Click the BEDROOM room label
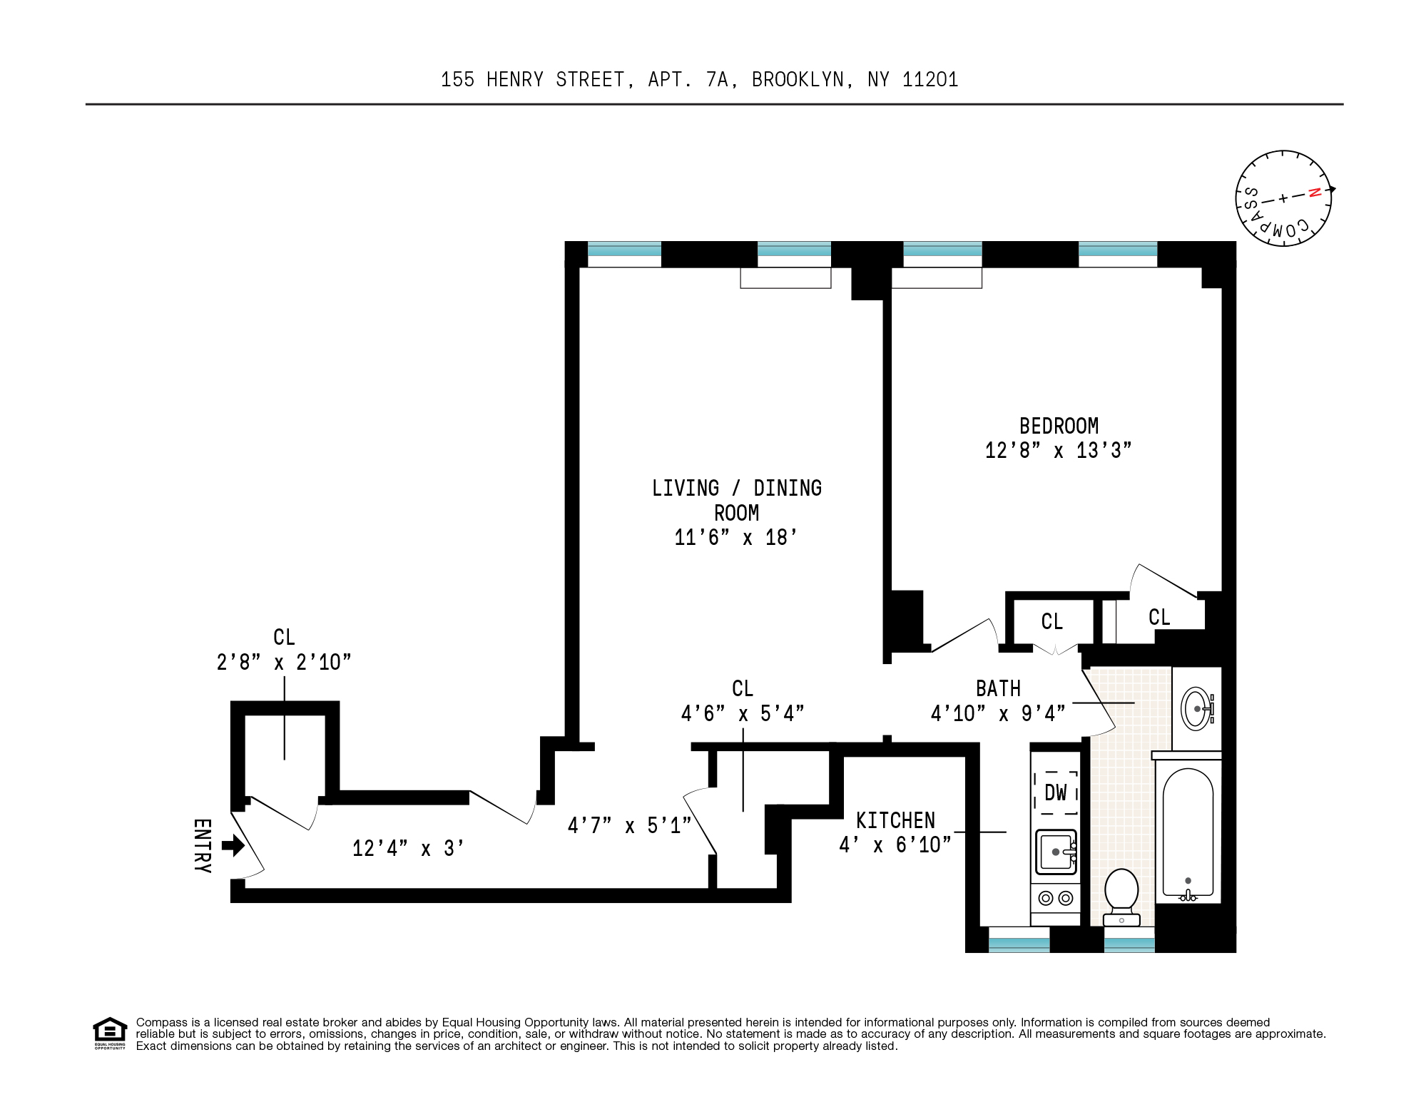click(1059, 427)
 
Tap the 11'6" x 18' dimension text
click(735, 538)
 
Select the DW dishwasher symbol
click(1056, 792)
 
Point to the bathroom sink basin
click(1196, 709)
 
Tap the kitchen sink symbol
click(1056, 852)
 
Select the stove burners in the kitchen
click(1056, 899)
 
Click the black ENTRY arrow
click(233, 846)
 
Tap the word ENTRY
click(203, 846)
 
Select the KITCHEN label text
click(895, 821)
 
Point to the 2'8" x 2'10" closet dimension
click(284, 663)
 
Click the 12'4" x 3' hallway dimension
click(408, 849)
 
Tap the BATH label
click(998, 689)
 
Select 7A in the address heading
click(718, 80)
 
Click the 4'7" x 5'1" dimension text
click(629, 826)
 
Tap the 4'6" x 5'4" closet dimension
click(743, 714)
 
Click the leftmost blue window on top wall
click(624, 250)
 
